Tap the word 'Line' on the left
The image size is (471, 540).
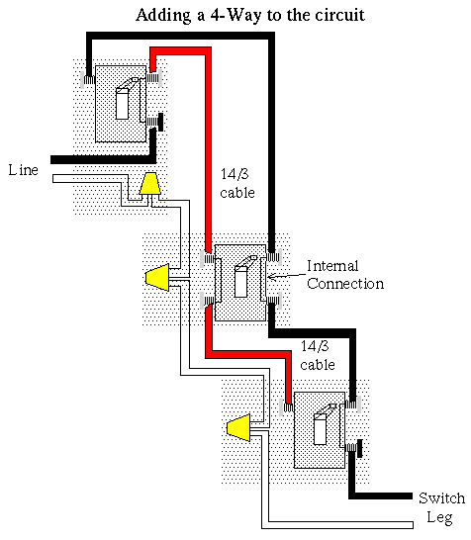[23, 170]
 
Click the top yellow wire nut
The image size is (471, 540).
[149, 185]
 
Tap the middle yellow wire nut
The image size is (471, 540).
[158, 279]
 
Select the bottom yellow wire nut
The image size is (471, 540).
[238, 427]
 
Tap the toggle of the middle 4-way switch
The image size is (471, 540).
[240, 279]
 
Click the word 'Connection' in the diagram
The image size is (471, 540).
[344, 284]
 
